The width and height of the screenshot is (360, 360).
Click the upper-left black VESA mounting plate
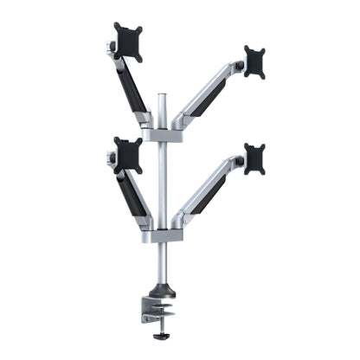pos(128,42)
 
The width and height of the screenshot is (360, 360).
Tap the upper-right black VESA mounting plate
pos(254,61)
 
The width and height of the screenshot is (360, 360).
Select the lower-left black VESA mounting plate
pos(128,154)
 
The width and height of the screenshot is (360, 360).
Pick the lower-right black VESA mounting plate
pos(254,158)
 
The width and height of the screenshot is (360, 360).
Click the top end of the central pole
pos(161,93)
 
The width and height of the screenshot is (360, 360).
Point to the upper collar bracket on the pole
pos(162,134)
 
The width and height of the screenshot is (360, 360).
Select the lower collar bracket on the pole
pos(162,235)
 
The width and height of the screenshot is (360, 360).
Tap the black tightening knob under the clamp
pos(158,337)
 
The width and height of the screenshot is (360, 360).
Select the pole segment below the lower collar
pos(162,264)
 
